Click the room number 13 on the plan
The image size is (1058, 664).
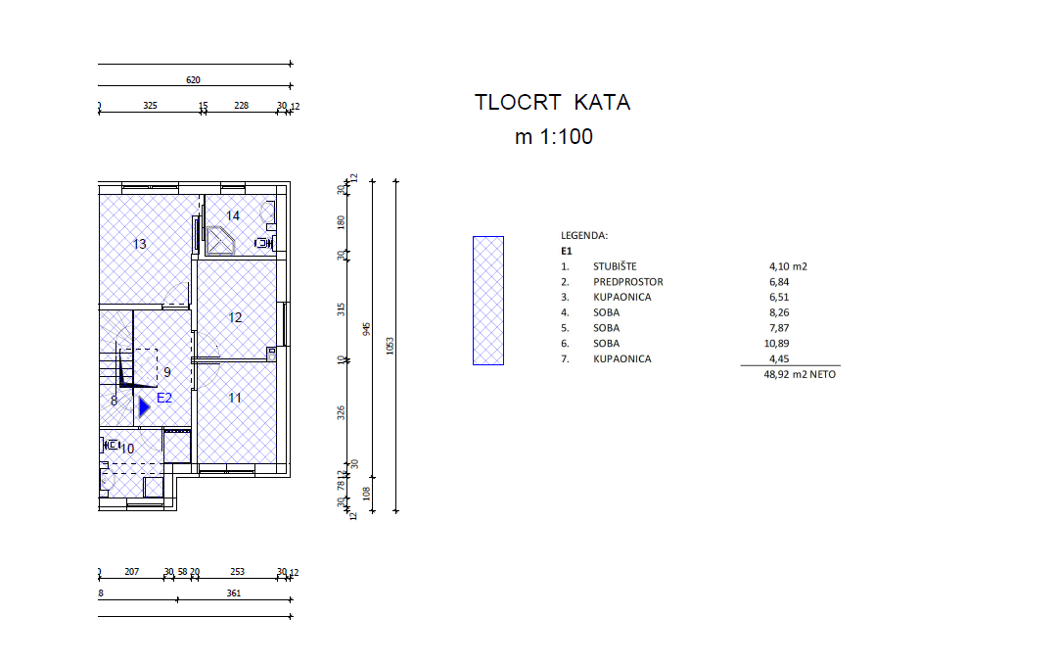140,244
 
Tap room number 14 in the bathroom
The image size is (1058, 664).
233,215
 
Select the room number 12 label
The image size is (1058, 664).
235,317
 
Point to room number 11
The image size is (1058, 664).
234,398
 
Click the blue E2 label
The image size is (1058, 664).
164,398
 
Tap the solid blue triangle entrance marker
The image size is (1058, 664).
145,407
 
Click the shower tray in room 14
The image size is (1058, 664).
220,241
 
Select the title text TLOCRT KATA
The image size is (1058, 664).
553,102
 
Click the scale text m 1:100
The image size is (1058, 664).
554,136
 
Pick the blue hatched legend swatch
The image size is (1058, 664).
488,301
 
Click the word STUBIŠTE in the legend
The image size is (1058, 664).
615,266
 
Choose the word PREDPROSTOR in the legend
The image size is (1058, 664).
628,282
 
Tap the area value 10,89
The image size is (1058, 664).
777,344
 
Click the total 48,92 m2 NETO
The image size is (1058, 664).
800,374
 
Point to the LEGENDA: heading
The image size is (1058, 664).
584,236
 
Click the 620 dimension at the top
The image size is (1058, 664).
193,79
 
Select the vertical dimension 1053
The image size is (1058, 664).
390,346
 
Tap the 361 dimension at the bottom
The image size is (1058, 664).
234,593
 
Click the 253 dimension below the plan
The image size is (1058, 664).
238,572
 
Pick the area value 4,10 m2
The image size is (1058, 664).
788,266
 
